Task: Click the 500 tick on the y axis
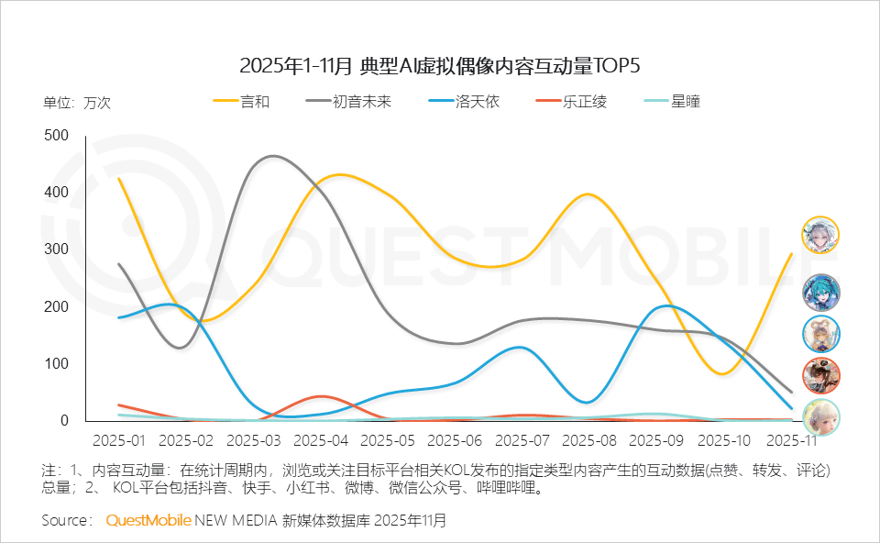pos(57,136)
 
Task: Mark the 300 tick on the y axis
pos(57,249)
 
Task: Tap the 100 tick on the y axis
pos(57,364)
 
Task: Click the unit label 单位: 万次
pos(77,103)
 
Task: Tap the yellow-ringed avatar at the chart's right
pos(820,235)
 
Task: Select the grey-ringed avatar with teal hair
pos(820,293)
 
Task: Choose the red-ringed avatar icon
pos(820,375)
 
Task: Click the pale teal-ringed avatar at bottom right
pos(820,417)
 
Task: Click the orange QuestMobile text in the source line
pos(148,521)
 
